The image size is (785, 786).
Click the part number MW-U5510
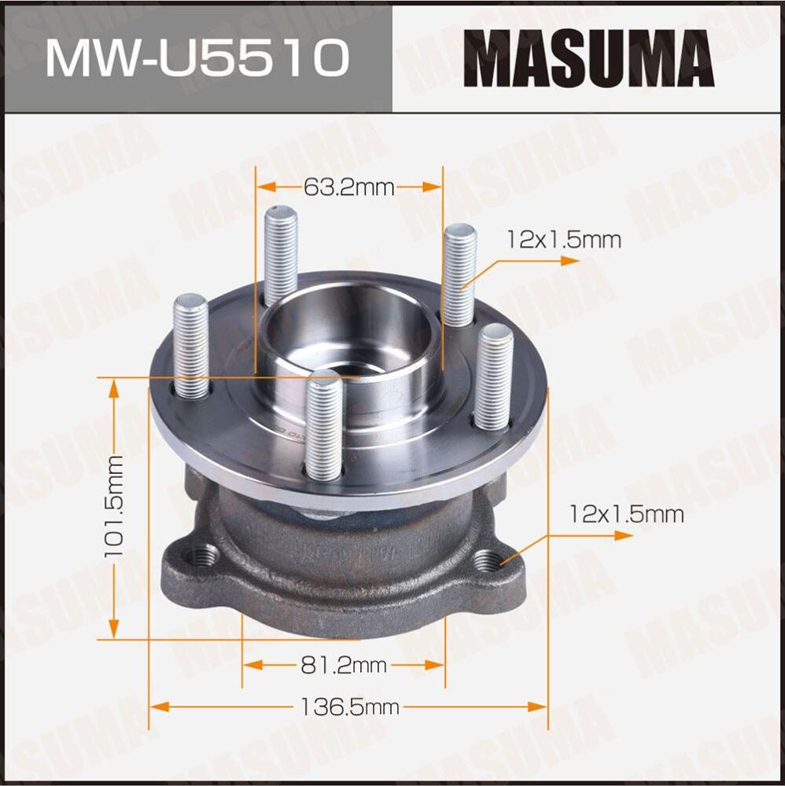pyautogui.click(x=197, y=58)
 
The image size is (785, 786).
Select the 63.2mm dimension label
pyautogui.click(x=348, y=187)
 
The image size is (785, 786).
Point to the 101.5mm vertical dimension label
pyautogui.click(x=116, y=507)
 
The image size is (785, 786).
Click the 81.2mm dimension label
pyautogui.click(x=344, y=666)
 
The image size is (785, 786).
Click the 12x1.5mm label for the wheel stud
pyautogui.click(x=564, y=240)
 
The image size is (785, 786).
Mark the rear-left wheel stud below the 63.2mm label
pyautogui.click(x=281, y=252)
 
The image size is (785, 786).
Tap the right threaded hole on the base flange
pyautogui.click(x=488, y=560)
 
